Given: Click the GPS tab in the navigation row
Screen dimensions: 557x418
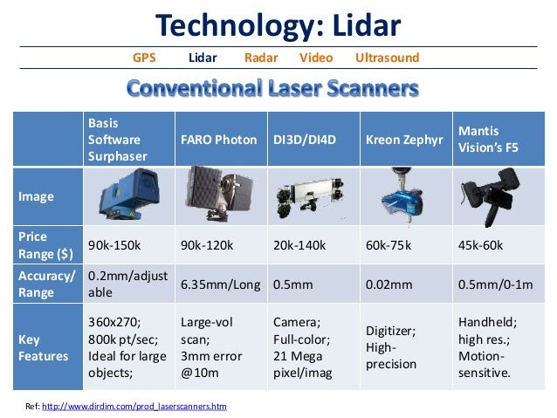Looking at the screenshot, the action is click(x=144, y=58).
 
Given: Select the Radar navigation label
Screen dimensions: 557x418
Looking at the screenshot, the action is click(x=261, y=58).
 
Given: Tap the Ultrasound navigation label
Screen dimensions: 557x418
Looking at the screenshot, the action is click(x=388, y=58).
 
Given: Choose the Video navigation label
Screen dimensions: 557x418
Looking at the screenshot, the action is click(x=316, y=58).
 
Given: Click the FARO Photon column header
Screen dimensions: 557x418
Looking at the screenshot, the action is click(x=219, y=140).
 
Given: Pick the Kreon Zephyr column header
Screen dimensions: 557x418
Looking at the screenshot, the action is click(x=404, y=140).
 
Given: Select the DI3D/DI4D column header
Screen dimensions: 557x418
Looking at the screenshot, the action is click(x=305, y=140).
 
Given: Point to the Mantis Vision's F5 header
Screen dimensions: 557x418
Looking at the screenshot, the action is click(x=488, y=140).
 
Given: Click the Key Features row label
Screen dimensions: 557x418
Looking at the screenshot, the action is click(x=43, y=347).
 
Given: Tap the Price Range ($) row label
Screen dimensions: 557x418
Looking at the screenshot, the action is click(x=45, y=245).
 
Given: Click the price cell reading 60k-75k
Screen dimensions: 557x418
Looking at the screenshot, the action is click(x=389, y=245).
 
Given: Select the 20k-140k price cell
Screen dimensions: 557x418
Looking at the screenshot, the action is click(x=299, y=245).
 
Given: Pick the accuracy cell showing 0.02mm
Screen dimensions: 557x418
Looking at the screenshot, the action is click(x=389, y=284).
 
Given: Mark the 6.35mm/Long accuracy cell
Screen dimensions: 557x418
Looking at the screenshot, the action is click(x=221, y=284).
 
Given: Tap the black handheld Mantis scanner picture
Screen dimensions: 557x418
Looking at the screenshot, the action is click(x=491, y=196).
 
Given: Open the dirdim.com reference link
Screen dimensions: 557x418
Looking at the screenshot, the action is click(x=134, y=407).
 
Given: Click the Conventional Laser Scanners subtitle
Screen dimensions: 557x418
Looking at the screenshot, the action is click(x=272, y=88).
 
